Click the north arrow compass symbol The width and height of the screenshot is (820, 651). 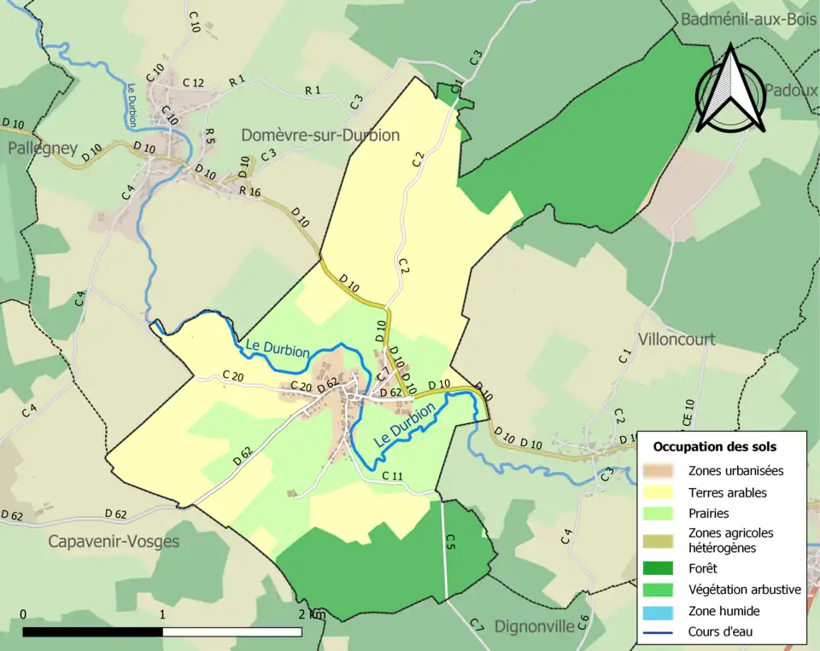(729, 91)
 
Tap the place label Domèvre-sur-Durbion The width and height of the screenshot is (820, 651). (320, 135)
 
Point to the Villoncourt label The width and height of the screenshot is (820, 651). (676, 340)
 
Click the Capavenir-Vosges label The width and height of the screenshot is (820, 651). (114, 541)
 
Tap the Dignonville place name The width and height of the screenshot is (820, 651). (535, 626)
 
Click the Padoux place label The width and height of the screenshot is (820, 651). (791, 90)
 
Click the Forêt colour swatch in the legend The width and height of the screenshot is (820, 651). (659, 567)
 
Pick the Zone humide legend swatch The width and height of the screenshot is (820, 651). (659, 611)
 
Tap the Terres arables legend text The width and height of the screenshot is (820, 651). (727, 492)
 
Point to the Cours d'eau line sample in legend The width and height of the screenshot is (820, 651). (659, 632)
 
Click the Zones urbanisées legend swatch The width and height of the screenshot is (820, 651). (659, 471)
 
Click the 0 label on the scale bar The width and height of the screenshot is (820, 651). (22, 614)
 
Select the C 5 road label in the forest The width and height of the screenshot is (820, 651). (450, 541)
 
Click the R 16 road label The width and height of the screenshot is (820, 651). (249, 192)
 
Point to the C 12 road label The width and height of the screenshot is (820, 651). (193, 83)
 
